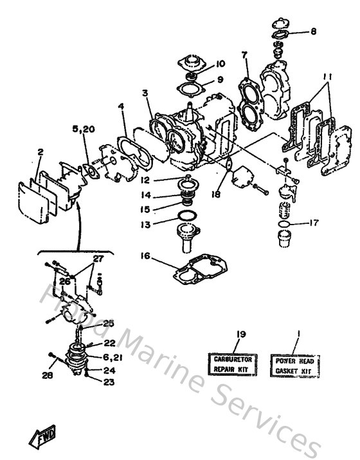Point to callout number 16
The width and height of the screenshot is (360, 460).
145,255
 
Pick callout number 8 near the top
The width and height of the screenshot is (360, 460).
313,30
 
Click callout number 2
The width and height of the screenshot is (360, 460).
40,152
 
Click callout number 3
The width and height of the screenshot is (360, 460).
147,93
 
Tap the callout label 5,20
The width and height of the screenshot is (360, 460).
84,129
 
